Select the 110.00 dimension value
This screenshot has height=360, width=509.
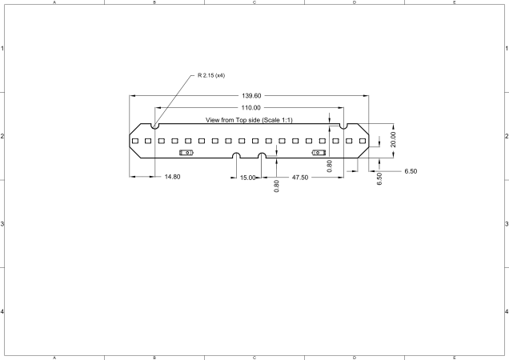(251, 107)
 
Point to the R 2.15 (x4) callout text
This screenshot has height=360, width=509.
(211, 76)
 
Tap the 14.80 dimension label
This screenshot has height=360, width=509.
(172, 176)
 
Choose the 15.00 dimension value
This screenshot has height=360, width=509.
(248, 177)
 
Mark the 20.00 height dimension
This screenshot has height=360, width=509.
(392, 139)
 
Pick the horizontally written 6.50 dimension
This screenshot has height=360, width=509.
(411, 171)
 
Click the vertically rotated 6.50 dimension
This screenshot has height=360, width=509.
(379, 178)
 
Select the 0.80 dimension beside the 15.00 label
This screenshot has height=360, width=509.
(276, 186)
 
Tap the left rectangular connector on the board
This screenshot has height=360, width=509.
(186, 152)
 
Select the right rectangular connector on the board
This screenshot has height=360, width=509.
(319, 152)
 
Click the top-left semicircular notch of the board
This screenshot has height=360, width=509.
(155, 125)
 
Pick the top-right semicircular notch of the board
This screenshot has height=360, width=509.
(343, 125)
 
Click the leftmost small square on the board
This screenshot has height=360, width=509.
(135, 141)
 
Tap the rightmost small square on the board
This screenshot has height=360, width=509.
(363, 141)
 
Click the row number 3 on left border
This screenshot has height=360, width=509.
(3, 223)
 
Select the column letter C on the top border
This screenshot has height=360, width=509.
(254, 2)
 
